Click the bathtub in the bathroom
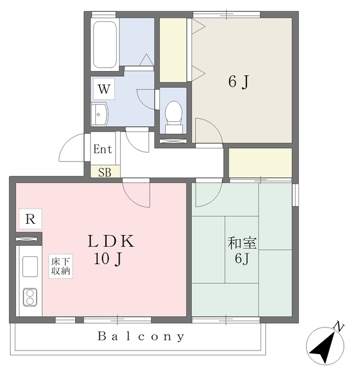tap(105, 44)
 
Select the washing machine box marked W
tap(104, 89)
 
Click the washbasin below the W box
tap(99, 114)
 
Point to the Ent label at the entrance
tap(102, 149)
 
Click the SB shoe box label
tap(105, 172)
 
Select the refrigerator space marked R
tap(30, 219)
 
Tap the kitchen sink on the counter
tap(30, 266)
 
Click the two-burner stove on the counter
tap(30, 297)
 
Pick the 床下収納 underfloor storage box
tap(60, 266)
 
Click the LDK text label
tap(111, 241)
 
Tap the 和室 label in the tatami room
tap(242, 243)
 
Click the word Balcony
tap(141, 336)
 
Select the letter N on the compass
tap(339, 327)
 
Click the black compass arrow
tap(324, 348)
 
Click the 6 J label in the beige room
tap(239, 82)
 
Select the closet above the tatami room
tap(260, 163)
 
